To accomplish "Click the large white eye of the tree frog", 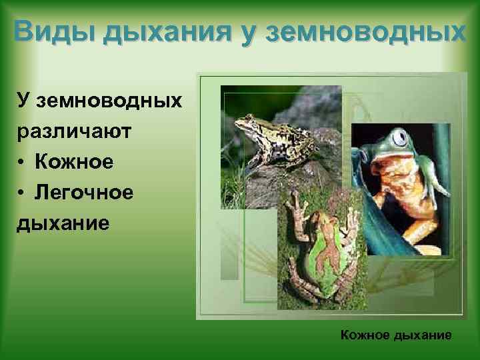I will point(399,139).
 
